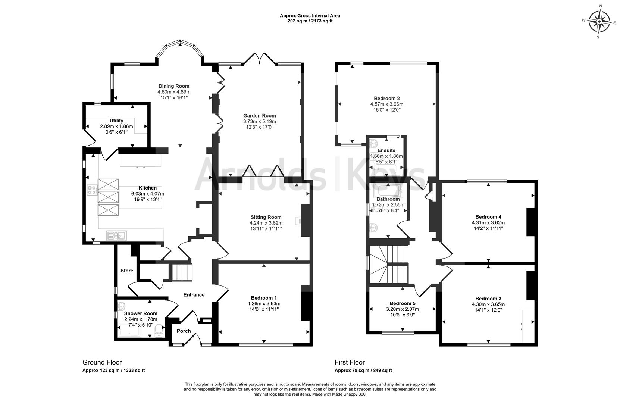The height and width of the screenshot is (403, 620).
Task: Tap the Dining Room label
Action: click(x=174, y=86)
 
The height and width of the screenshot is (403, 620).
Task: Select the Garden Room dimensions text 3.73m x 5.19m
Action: click(x=259, y=121)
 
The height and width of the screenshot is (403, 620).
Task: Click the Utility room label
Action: click(x=116, y=121)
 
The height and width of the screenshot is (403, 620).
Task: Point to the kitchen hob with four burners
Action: click(x=92, y=190)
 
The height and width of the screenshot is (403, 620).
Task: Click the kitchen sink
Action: click(x=116, y=235)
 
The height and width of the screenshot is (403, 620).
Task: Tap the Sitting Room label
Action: click(x=266, y=217)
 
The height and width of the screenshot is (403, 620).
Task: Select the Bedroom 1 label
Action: click(x=264, y=298)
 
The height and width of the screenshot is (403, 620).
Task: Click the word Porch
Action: click(x=184, y=331)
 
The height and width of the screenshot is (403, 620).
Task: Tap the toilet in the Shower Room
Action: click(x=159, y=330)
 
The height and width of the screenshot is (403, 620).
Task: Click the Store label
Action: click(x=127, y=271)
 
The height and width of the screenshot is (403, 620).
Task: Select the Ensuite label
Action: click(x=386, y=150)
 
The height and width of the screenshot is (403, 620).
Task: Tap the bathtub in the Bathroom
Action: click(x=388, y=191)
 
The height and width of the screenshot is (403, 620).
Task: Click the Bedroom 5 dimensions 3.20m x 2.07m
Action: click(x=402, y=309)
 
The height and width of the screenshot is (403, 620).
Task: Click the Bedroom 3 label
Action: click(x=488, y=299)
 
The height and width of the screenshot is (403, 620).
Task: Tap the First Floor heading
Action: click(x=350, y=362)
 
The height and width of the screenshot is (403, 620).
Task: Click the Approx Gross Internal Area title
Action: click(x=310, y=16)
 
